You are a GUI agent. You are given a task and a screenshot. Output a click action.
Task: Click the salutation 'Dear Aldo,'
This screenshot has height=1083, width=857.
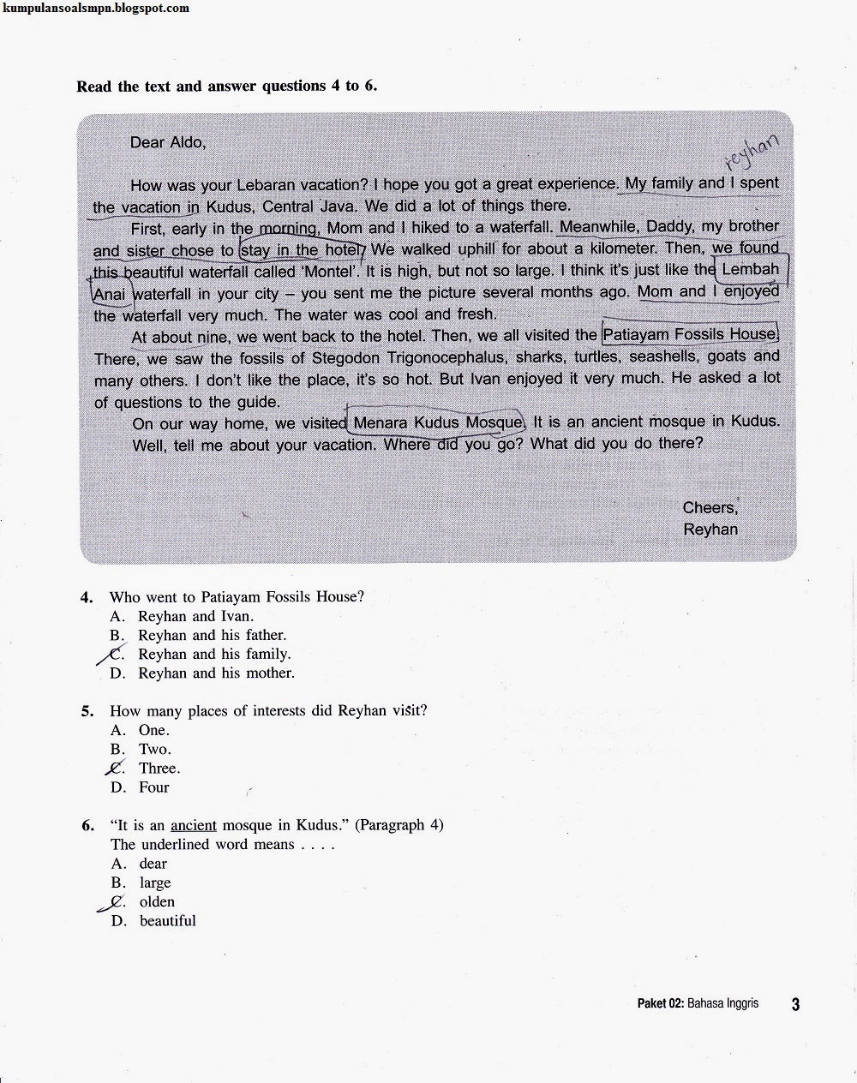click(168, 142)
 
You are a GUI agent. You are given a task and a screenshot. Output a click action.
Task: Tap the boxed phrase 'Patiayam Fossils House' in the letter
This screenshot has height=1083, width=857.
click(690, 334)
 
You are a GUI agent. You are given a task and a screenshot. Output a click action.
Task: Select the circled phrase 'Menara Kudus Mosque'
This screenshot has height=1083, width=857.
click(437, 422)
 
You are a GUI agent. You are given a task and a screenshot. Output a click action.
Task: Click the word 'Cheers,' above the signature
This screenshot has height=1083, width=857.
click(710, 507)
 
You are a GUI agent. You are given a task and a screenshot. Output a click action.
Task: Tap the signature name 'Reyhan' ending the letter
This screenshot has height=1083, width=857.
click(710, 530)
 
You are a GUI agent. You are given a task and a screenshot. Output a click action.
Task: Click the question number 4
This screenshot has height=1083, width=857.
click(87, 597)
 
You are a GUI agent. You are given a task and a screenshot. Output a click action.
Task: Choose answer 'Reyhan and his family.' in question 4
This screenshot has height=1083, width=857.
click(214, 654)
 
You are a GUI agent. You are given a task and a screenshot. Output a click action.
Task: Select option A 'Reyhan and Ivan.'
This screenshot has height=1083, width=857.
click(195, 616)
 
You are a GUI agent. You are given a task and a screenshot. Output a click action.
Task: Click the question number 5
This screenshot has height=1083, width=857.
click(87, 711)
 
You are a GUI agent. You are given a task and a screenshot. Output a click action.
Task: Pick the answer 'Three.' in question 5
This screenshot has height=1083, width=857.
click(159, 769)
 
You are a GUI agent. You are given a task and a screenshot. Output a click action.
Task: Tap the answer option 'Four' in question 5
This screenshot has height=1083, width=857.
click(154, 787)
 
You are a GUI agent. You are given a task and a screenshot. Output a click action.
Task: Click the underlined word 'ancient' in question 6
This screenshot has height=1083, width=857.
click(194, 826)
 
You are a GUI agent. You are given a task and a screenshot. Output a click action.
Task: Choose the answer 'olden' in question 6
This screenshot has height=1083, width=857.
click(157, 902)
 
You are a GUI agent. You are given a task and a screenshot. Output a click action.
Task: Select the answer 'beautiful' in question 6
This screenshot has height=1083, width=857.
click(167, 921)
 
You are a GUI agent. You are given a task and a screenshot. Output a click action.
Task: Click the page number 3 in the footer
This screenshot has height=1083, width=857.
click(795, 1004)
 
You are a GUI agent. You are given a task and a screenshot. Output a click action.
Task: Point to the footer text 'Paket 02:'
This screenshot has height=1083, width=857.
click(660, 1003)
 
